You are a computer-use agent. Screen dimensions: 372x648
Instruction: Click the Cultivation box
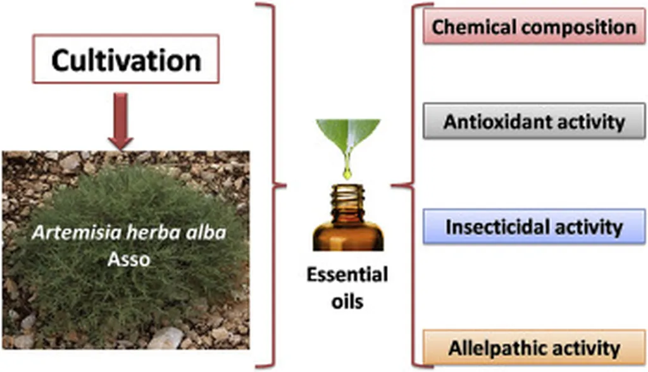click(x=126, y=61)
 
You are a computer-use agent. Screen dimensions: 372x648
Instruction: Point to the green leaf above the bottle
click(x=349, y=135)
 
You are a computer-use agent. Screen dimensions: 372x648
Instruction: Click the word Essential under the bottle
click(x=347, y=276)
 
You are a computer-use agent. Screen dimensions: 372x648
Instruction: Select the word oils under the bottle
click(x=347, y=301)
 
